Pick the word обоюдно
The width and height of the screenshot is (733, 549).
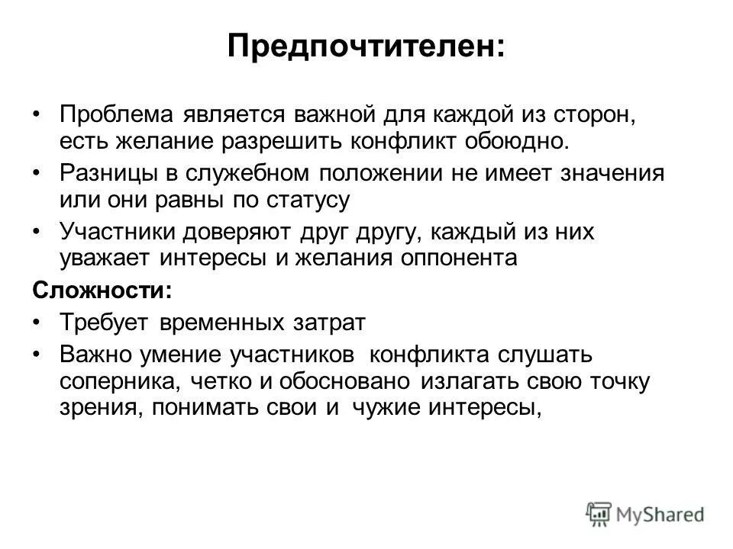click(x=518, y=141)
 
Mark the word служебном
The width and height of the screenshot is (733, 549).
click(x=237, y=173)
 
